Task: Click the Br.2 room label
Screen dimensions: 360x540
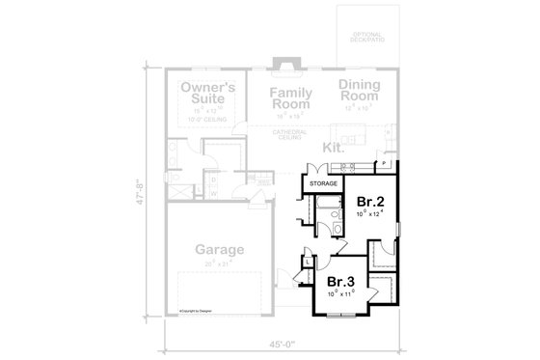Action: coord(364,201)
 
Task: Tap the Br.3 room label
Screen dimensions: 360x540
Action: coord(340,282)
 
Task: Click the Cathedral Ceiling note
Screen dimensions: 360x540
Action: coord(285,136)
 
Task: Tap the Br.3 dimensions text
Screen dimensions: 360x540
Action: coord(340,294)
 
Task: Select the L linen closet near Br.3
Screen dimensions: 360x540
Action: coord(307,262)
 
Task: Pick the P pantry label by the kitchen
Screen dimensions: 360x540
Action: coord(384,165)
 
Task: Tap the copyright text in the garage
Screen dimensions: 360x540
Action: coord(195,311)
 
